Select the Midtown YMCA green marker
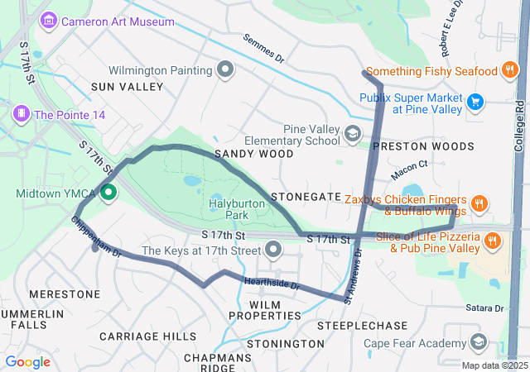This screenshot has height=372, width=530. pyautogui.click(x=108, y=193)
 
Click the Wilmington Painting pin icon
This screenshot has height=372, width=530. pyautogui.click(x=224, y=70)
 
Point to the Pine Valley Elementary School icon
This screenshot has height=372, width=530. pyautogui.click(x=353, y=134)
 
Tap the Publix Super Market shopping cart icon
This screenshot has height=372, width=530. pyautogui.click(x=475, y=102)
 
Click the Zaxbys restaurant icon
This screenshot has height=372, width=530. pyautogui.click(x=479, y=203)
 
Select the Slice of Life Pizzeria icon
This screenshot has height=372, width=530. pyautogui.click(x=493, y=241)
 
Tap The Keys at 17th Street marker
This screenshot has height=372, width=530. pyautogui.click(x=272, y=250)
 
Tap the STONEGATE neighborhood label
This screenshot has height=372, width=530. pyautogui.click(x=306, y=197)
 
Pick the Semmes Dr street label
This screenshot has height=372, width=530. pyautogui.click(x=263, y=49)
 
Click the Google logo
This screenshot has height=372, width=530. pyautogui.click(x=27, y=362)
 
